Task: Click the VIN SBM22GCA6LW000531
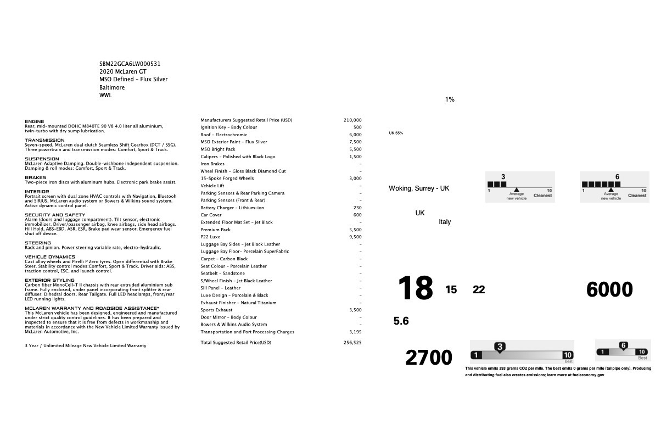pos(130,64)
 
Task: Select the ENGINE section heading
pos(35,121)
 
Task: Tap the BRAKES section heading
pos(35,177)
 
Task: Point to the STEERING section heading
pos(38,243)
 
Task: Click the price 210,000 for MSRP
pos(352,120)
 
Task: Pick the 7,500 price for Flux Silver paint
pos(355,142)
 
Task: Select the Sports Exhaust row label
pos(216,310)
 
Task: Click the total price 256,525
pos(352,342)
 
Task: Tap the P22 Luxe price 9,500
pos(355,237)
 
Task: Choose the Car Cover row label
pos(211,215)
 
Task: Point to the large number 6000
pos(609,289)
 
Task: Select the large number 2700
pos(429,358)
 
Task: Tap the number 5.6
pos(401,321)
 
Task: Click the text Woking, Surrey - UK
pos(419,188)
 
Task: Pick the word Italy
pos(445,222)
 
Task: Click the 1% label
pos(450,99)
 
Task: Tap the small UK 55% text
pos(396,133)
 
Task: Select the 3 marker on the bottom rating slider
pos(500,347)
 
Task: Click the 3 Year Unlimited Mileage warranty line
pos(86,345)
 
